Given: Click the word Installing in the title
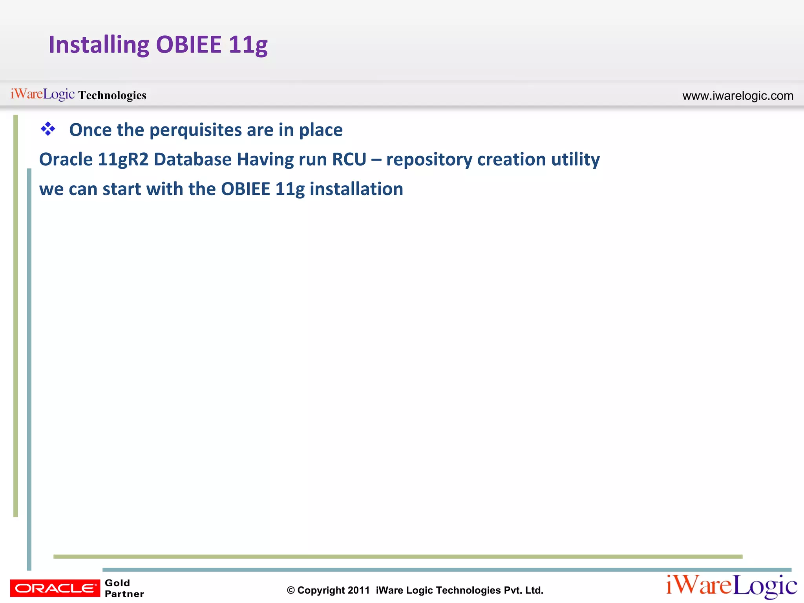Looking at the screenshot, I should [x=99, y=44].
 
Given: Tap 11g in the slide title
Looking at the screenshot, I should [x=248, y=44].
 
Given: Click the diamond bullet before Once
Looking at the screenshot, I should [x=48, y=129].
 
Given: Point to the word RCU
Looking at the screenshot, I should [x=349, y=159].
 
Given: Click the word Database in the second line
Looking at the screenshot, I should [x=192, y=159].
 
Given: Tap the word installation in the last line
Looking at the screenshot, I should [x=356, y=189].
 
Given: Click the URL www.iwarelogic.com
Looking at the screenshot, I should [x=738, y=95].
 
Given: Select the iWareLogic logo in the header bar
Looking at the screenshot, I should [x=42, y=94].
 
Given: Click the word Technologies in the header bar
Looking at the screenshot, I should [x=112, y=95].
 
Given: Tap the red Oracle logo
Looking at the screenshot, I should [x=55, y=588].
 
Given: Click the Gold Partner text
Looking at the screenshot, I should [x=124, y=588].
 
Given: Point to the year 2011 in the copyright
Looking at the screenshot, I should [x=358, y=590].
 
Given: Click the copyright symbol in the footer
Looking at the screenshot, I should [x=291, y=590].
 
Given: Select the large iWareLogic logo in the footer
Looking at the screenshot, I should [x=731, y=586].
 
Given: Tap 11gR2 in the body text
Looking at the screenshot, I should [x=123, y=159].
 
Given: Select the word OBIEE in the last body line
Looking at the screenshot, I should [x=245, y=189].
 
